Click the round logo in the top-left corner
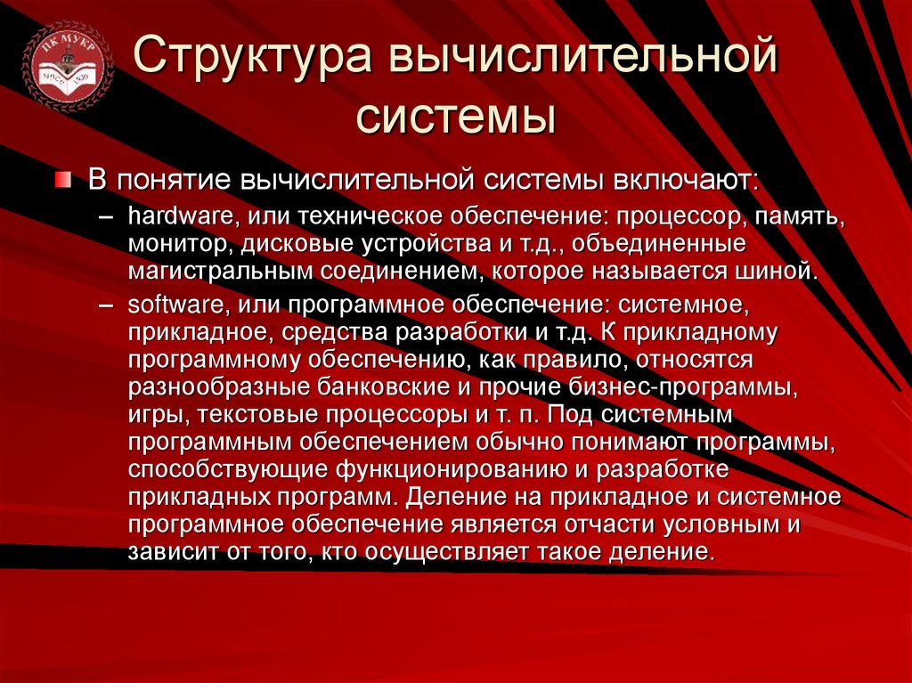click(x=68, y=68)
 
